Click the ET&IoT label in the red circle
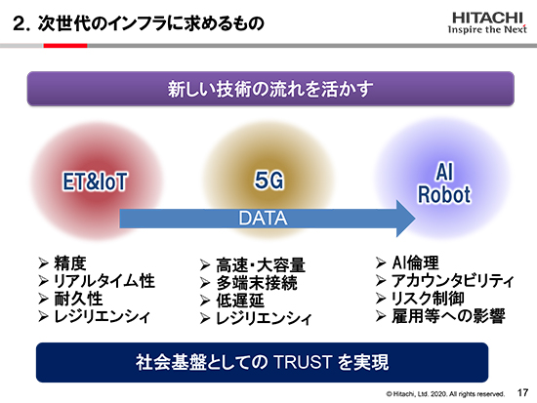click(95, 181)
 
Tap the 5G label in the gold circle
click(268, 181)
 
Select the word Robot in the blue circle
click(444, 194)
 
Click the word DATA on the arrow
click(263, 219)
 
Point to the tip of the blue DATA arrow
click(415, 219)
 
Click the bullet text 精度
click(70, 263)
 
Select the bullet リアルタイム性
click(104, 281)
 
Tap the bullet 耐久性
click(78, 299)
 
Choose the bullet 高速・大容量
click(261, 265)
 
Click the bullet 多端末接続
click(257, 283)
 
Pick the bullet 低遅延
click(240, 301)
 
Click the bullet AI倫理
click(415, 262)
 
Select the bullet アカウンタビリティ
click(453, 281)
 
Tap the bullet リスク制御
click(428, 299)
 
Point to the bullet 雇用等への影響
click(449, 316)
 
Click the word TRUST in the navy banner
click(303, 362)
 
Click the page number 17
click(522, 392)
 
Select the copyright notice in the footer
click(445, 394)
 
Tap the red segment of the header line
click(65, 46)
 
